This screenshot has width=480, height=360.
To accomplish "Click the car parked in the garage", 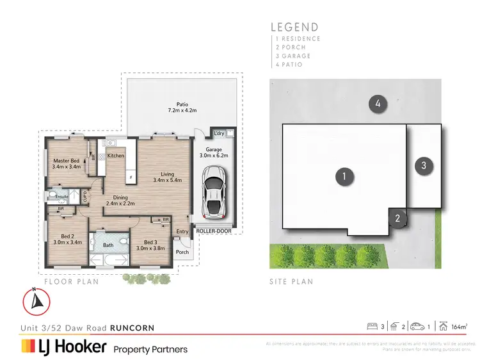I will (x=213, y=190).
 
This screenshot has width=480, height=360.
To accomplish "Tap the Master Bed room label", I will (x=66, y=163).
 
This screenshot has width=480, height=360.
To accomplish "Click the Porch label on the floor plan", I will (x=182, y=252).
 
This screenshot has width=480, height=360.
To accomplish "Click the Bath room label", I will (x=108, y=244).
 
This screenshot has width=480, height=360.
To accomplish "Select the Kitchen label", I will (x=116, y=156).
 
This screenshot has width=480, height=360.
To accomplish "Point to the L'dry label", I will (x=219, y=133).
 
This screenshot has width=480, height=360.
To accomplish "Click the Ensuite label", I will (x=61, y=196).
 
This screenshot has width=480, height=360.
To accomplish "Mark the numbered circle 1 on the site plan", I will (x=344, y=177).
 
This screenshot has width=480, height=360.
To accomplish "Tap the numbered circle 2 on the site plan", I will (x=397, y=219).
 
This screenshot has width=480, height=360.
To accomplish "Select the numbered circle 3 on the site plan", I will (x=424, y=166).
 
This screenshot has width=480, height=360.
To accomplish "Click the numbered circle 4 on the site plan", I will (x=378, y=104).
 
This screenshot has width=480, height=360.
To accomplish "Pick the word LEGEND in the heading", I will (x=294, y=27).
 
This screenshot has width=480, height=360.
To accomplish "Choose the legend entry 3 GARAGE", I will (x=293, y=56).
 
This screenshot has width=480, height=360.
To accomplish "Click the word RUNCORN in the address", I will (x=132, y=328).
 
